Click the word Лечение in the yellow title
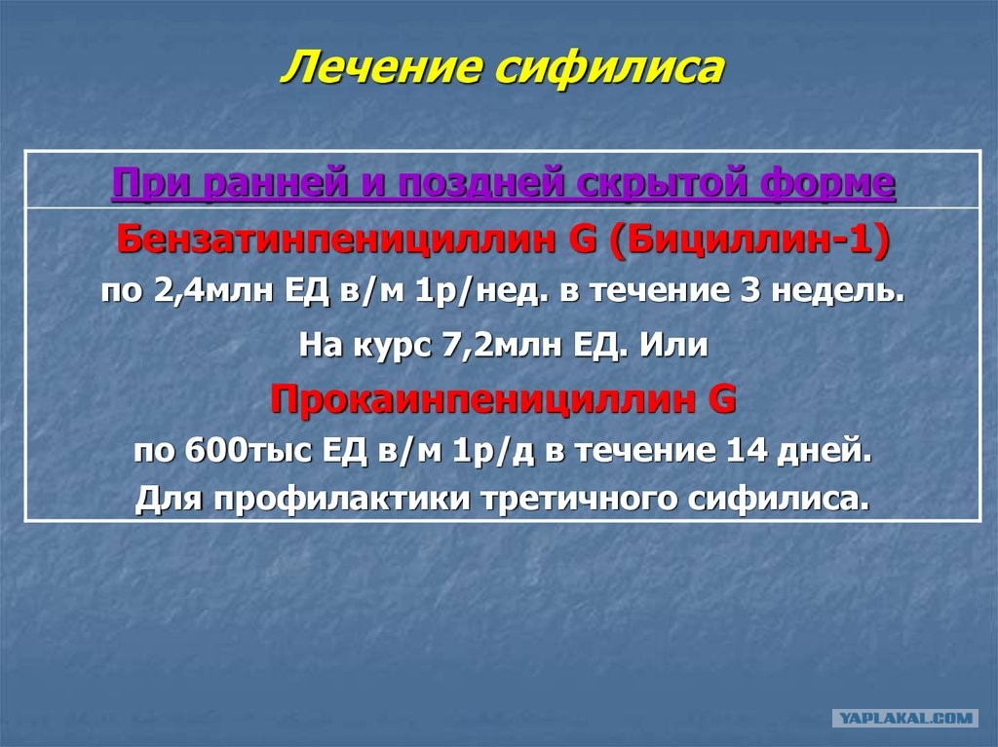382,67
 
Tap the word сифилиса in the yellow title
610,67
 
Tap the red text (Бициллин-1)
748,241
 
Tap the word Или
673,346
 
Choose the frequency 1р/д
493,451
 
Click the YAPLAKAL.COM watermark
905,719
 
